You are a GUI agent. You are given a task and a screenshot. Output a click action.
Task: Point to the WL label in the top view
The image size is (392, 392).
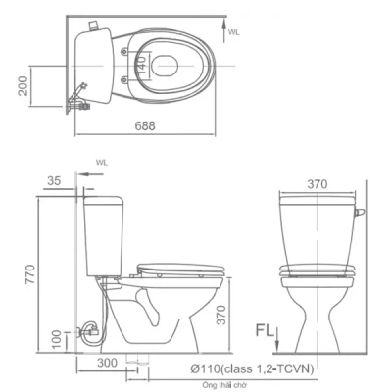[x=234, y=31]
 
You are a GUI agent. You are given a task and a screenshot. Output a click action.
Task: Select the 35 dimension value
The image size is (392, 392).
[x=54, y=180]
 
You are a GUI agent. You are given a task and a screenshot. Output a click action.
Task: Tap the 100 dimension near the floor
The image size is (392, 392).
[x=56, y=339]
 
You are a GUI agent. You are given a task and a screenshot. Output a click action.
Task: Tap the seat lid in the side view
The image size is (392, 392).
[x=182, y=265]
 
